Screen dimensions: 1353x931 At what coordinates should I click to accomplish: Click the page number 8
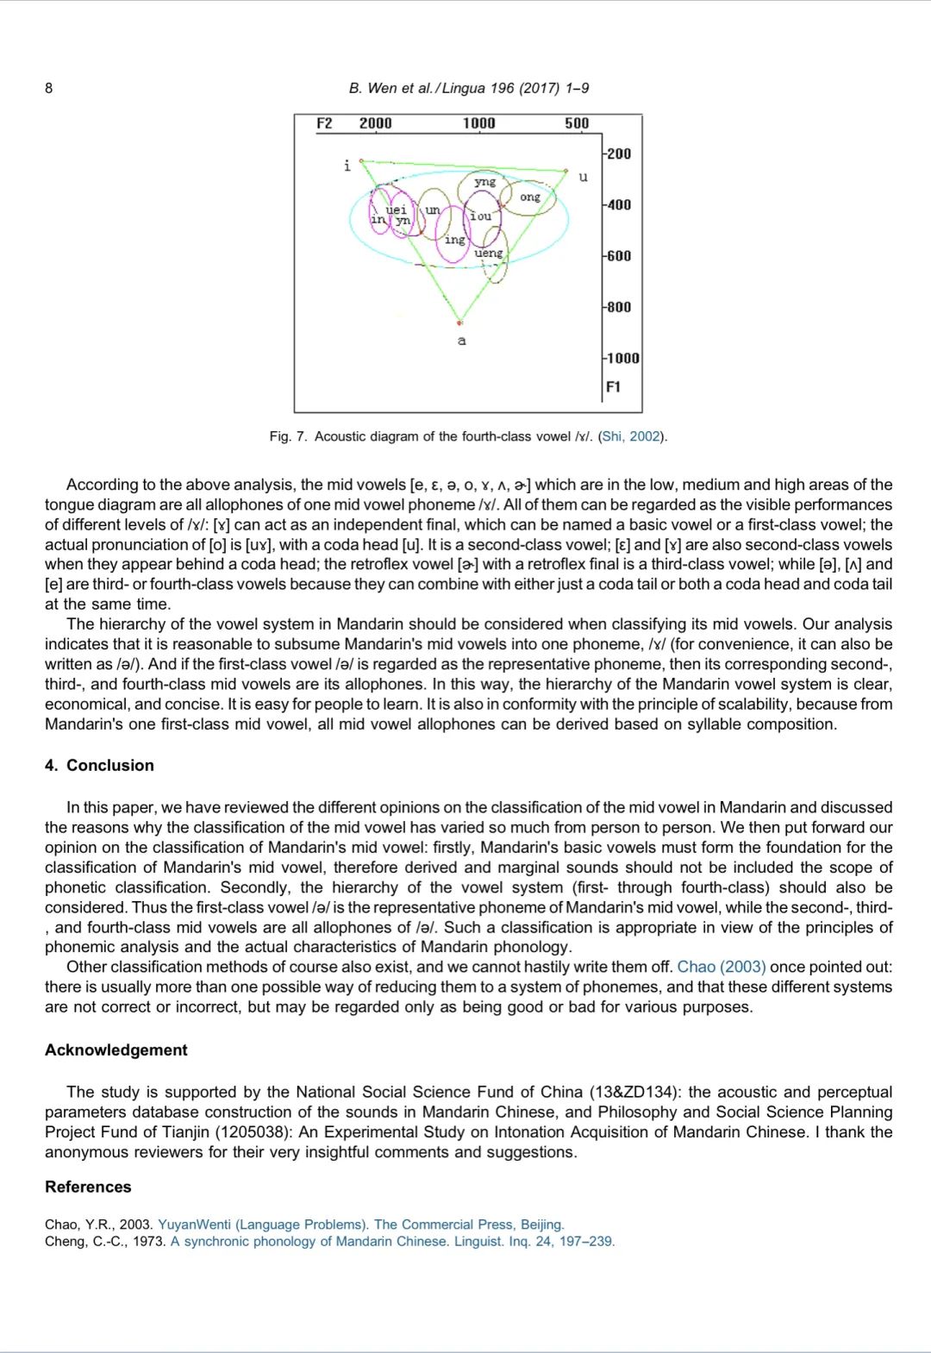(48, 88)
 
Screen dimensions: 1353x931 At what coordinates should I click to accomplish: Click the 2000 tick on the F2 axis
(375, 123)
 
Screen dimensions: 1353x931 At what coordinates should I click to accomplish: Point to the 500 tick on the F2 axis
(577, 123)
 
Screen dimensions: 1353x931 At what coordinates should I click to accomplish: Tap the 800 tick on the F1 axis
(618, 307)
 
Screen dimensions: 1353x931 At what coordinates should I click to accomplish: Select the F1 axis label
(613, 387)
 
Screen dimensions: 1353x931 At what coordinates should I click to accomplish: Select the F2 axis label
(324, 123)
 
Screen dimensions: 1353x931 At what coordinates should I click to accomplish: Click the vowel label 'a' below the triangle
(462, 341)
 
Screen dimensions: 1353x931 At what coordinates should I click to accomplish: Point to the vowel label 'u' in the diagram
(584, 178)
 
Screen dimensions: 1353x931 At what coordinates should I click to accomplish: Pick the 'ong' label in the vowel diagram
(530, 197)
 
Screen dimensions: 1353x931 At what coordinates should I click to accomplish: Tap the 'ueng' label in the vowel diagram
(488, 253)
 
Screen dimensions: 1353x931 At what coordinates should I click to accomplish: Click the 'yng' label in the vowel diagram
(485, 181)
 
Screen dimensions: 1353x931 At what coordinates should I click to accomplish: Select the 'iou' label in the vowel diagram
(480, 216)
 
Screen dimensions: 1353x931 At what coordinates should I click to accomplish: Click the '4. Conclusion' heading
(99, 766)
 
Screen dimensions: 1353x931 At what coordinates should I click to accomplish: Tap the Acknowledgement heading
(116, 1050)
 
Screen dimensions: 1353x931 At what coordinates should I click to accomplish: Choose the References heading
(88, 1187)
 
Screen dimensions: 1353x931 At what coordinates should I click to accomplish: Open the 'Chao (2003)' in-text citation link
(722, 968)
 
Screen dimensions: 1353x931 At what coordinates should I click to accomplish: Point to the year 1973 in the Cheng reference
(149, 1242)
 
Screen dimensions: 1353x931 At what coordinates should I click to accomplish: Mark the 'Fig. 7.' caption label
(288, 436)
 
